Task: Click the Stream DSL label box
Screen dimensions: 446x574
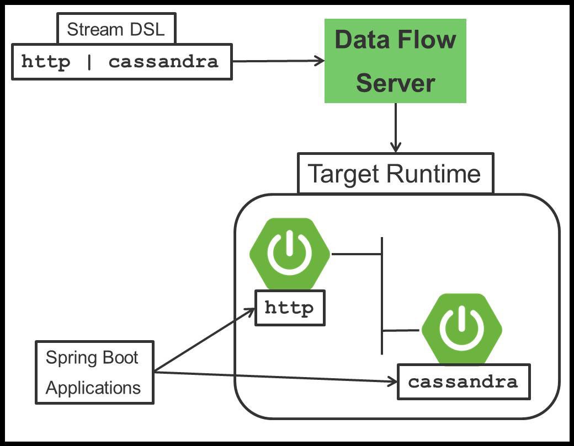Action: click(116, 29)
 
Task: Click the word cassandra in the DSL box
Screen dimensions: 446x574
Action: click(163, 62)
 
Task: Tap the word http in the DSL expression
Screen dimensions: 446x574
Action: click(46, 62)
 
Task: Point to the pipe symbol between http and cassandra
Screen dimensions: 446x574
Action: click(89, 62)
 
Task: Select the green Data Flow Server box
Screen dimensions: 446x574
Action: click(395, 61)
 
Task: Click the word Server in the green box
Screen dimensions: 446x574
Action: click(395, 83)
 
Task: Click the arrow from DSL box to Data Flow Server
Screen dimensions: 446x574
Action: click(276, 61)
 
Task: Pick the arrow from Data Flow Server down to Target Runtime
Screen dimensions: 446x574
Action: click(395, 127)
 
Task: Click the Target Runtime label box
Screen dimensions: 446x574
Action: click(395, 174)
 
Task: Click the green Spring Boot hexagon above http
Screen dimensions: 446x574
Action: click(290, 254)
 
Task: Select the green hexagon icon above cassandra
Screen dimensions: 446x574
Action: click(462, 329)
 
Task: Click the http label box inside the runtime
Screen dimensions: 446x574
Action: click(290, 308)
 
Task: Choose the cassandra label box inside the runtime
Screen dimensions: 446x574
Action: click(464, 381)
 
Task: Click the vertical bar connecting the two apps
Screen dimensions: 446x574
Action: click(382, 295)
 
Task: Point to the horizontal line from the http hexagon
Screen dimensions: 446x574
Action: click(356, 254)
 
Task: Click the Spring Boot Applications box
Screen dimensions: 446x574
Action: click(94, 372)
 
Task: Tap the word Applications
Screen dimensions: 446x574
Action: click(93, 388)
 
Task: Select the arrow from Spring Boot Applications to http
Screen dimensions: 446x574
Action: click(204, 340)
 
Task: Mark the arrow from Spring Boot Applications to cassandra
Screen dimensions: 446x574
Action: click(276, 377)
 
